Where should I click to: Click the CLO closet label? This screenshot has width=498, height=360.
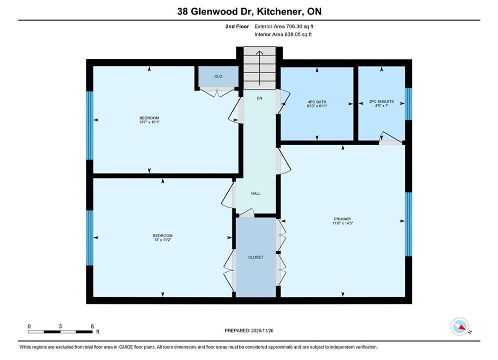tap(218, 76)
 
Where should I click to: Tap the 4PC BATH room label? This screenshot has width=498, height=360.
tap(317, 102)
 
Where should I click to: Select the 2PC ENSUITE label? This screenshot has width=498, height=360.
tap(381, 101)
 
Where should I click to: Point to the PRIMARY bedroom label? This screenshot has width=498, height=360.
tap(343, 219)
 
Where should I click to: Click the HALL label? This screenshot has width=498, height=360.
tap(256, 193)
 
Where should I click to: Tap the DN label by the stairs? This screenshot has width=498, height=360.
tap(259, 98)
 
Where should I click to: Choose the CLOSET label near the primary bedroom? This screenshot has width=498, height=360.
tap(256, 257)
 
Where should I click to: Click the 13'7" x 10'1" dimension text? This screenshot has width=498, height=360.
tap(149, 122)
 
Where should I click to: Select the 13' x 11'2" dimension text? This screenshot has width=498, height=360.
tap(163, 240)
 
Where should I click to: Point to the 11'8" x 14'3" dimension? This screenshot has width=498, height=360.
tap(343, 223)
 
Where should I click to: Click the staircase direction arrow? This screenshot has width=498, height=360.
tap(259, 68)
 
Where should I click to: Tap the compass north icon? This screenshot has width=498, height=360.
tap(460, 326)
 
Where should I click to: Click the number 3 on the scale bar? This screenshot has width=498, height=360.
tap(60, 326)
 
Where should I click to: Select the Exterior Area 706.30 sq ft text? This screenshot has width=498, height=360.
tap(284, 26)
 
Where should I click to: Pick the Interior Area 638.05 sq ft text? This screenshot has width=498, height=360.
tap(283, 34)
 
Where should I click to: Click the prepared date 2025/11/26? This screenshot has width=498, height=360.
tap(262, 330)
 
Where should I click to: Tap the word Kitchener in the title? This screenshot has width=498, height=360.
tap(279, 11)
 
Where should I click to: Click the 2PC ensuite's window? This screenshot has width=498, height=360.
tap(409, 104)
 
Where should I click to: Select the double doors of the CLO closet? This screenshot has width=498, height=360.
tap(218, 92)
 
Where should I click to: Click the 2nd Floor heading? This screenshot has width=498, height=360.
tap(237, 26)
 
